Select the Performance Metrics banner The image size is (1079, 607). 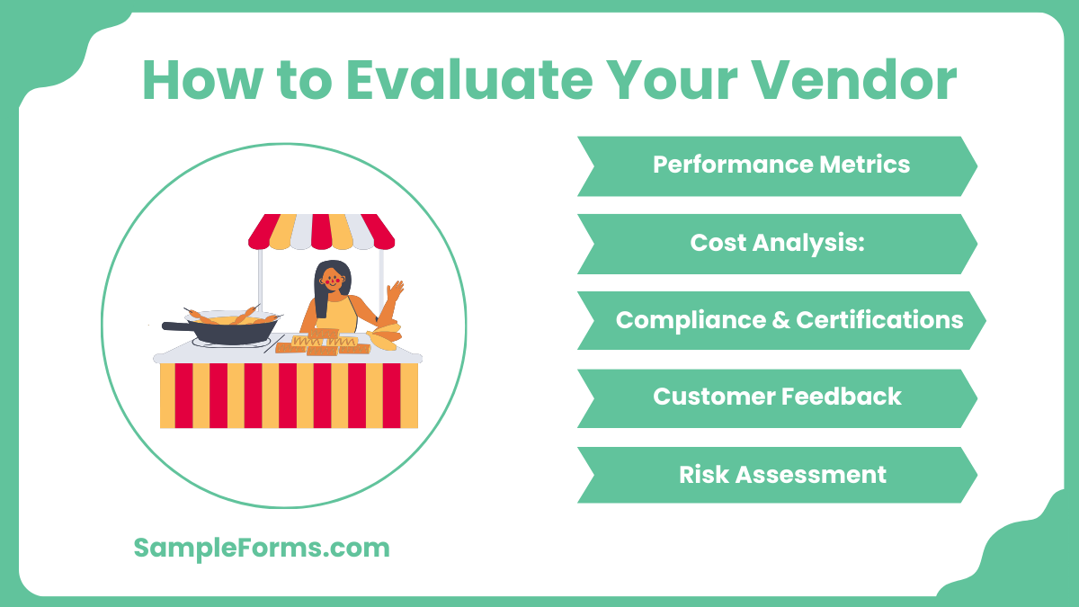click(x=778, y=165)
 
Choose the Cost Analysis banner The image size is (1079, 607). click(x=778, y=243)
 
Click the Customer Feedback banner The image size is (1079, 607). click(x=778, y=397)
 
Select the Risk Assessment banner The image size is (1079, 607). click(x=778, y=474)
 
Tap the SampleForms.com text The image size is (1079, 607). click(x=262, y=547)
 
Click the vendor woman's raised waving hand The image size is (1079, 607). click(x=394, y=291)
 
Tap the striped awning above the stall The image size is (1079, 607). click(x=321, y=231)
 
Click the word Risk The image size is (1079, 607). click(x=704, y=474)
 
